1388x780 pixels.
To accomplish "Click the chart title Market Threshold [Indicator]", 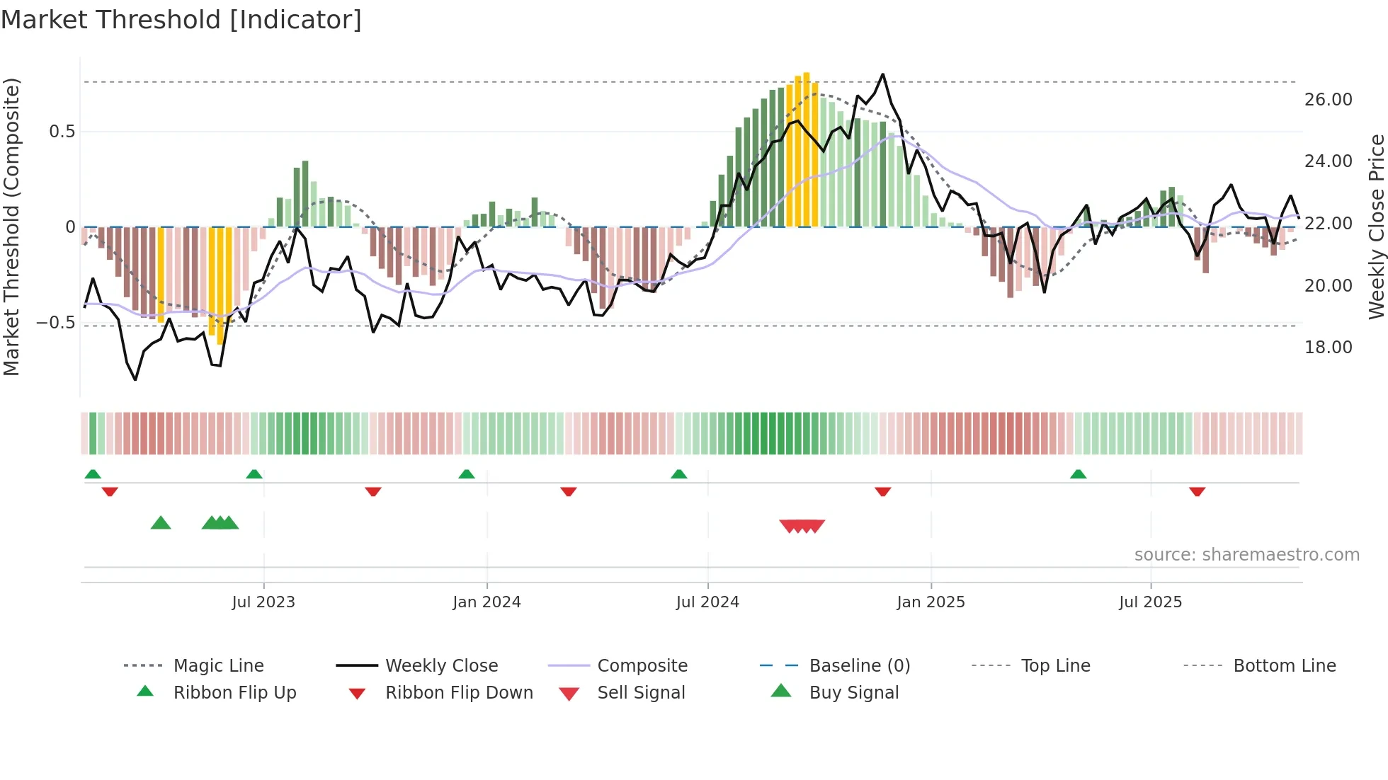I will (x=181, y=20).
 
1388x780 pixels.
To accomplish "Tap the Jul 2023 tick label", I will (x=263, y=602).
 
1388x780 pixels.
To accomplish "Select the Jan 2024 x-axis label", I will (x=487, y=602).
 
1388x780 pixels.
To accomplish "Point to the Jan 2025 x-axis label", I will (x=931, y=602).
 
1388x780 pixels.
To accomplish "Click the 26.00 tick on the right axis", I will (x=1328, y=100).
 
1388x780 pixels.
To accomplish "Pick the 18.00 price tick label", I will (x=1328, y=348).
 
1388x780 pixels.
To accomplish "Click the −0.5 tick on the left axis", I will (x=56, y=323).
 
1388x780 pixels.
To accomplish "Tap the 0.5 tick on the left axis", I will (x=62, y=132).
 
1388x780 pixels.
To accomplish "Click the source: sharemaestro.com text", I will (x=1246, y=555).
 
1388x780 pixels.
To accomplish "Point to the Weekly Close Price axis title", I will (x=1376, y=226).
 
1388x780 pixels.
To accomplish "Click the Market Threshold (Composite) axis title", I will (x=11, y=226).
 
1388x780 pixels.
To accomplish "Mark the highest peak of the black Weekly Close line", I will (x=882, y=74).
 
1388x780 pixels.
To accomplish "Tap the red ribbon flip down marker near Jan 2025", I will (x=882, y=491).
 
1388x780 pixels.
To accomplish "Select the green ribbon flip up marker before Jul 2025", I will (x=1078, y=474).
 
